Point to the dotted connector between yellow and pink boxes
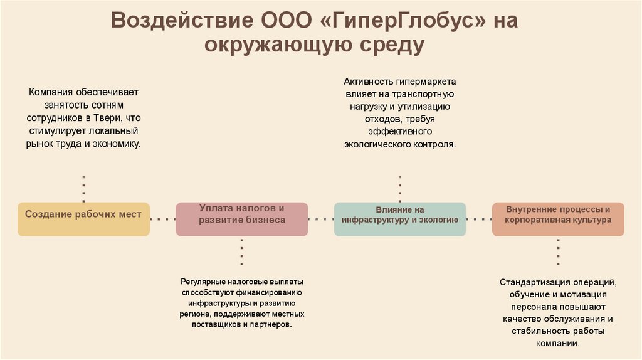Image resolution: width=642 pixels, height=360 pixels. click(x=163, y=219)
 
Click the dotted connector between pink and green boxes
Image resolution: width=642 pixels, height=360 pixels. click(x=321, y=219)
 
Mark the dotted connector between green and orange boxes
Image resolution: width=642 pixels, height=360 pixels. click(x=479, y=219)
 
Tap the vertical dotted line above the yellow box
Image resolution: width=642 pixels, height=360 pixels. click(x=83, y=188)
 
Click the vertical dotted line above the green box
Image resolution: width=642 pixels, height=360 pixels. click(x=400, y=188)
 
